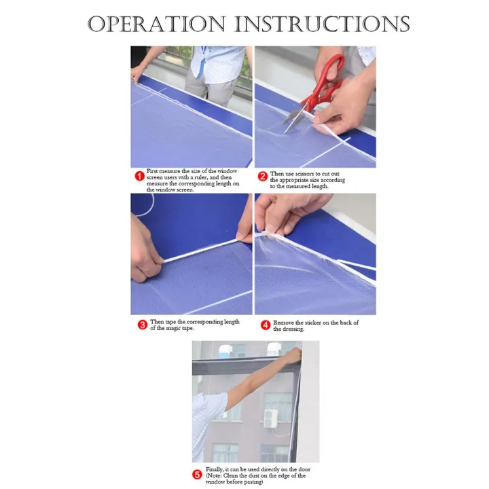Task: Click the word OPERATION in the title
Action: (x=156, y=24)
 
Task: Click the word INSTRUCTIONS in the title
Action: (x=322, y=24)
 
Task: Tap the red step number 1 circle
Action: (x=139, y=176)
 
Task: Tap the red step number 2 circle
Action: (x=263, y=177)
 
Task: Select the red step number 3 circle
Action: (x=142, y=325)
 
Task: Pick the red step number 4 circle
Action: (x=266, y=325)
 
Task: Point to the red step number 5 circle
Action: (x=197, y=475)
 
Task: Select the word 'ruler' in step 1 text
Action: (x=200, y=177)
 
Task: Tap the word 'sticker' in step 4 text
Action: (x=314, y=323)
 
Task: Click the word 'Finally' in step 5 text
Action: (x=214, y=469)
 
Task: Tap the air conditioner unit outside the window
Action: (x=271, y=418)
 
